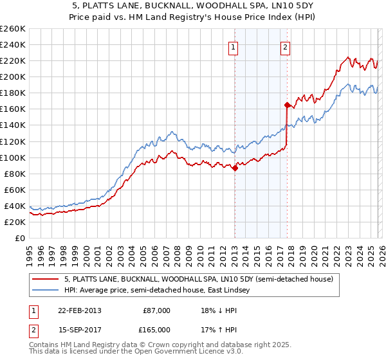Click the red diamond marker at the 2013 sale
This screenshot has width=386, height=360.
coord(235,168)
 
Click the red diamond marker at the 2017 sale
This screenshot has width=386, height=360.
coord(287,105)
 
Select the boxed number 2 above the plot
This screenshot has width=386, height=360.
coord(284,46)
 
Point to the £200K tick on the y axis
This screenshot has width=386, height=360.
coord(12,76)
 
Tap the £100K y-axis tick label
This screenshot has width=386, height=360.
coord(12,157)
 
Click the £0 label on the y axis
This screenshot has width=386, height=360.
coord(19,238)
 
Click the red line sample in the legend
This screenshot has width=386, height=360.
coord(46,279)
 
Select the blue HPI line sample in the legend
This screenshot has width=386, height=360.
coord(46,291)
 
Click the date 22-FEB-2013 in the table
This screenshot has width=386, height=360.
coord(79,310)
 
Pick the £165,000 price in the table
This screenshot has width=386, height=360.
coord(156,329)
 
